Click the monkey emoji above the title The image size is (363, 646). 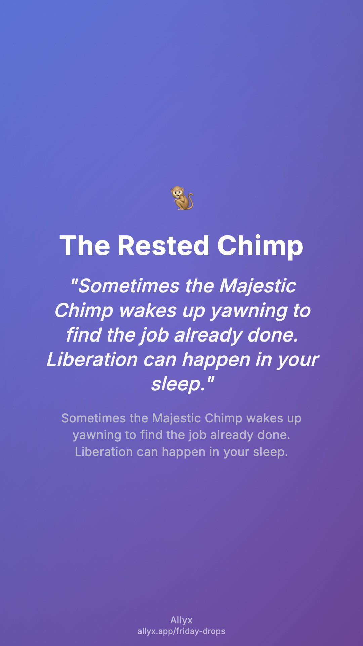pos(182,198)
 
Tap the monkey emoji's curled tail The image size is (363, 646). pos(190,202)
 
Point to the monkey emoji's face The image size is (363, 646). pos(177,193)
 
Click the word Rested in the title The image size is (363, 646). pos(163,245)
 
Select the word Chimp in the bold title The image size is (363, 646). pos(260,246)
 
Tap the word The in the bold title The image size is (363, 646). pos(85,245)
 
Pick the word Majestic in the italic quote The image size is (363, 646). pos(258,286)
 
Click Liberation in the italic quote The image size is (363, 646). pos(92,359)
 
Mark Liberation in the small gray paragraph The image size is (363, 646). pos(104,452)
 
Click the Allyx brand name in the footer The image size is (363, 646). pos(182,620)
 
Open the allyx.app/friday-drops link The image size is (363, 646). pos(182,631)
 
